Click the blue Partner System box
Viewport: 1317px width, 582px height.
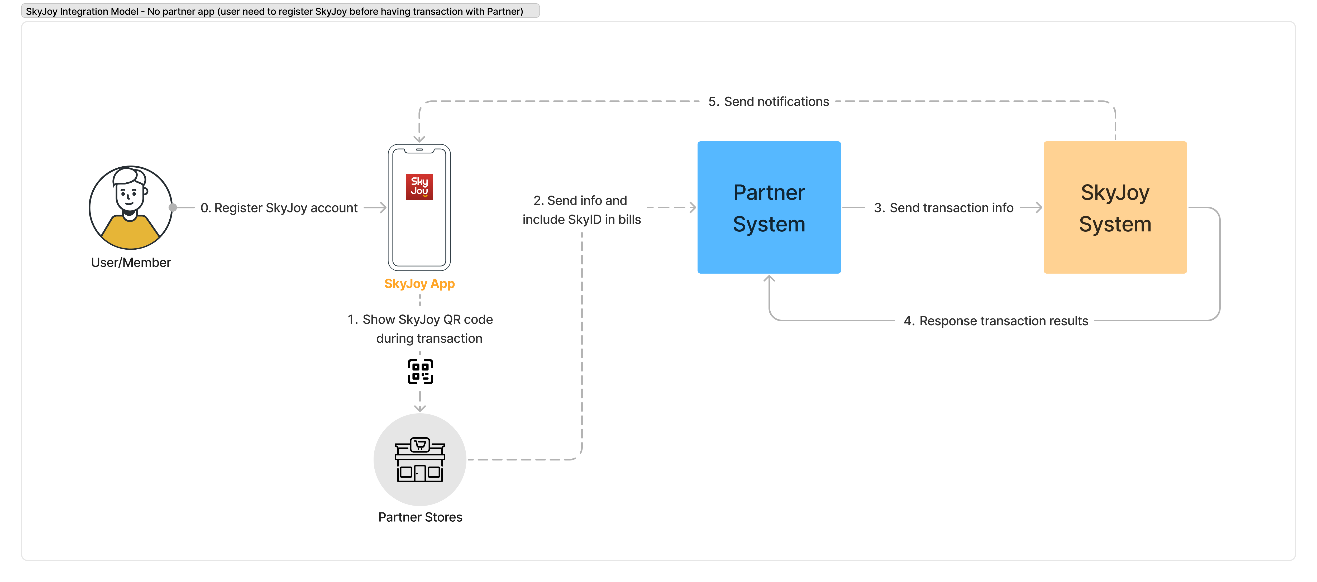[769, 207]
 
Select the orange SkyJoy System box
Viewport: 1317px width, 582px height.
[1115, 207]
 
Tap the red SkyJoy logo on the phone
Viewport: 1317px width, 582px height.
[419, 187]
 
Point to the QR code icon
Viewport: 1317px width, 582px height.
[420, 371]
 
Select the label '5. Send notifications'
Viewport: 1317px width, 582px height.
[769, 102]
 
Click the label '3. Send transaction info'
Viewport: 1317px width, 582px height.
[943, 208]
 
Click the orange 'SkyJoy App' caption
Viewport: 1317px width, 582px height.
[419, 284]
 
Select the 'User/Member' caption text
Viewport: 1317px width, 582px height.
[131, 263]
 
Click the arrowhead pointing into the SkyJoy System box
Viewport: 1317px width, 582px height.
[1038, 207]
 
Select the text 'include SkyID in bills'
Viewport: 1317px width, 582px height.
[581, 220]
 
